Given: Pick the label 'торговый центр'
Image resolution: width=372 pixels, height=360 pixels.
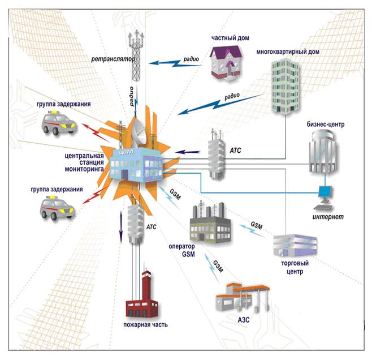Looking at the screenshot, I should (x=292, y=267).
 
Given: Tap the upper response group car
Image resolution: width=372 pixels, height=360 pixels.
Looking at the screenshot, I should (x=58, y=124).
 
